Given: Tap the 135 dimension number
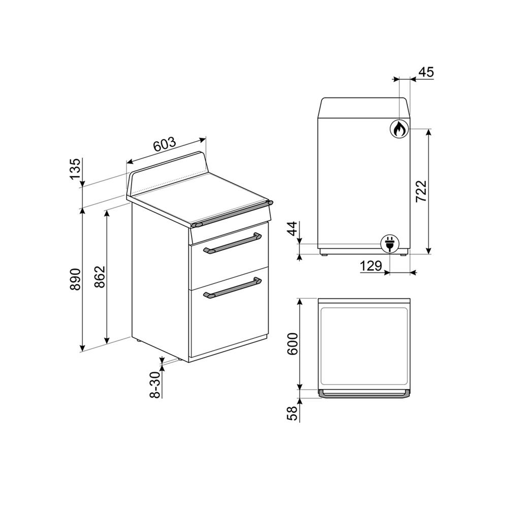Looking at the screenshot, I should click(x=75, y=169).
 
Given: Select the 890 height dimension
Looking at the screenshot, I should click(x=75, y=279).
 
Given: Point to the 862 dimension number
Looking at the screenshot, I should click(x=100, y=277).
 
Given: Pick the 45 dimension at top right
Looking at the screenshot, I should click(x=426, y=72).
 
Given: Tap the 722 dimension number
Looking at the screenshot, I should click(x=421, y=192).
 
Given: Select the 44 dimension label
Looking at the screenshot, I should click(x=292, y=230).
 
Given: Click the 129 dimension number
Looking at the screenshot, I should click(x=371, y=266).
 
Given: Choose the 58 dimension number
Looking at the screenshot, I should click(x=292, y=414).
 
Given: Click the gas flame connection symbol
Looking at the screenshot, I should click(x=399, y=129).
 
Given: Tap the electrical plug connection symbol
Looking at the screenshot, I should click(x=390, y=243).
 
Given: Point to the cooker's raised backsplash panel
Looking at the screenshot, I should click(x=168, y=168).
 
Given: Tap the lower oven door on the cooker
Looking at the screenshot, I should click(x=229, y=320).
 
